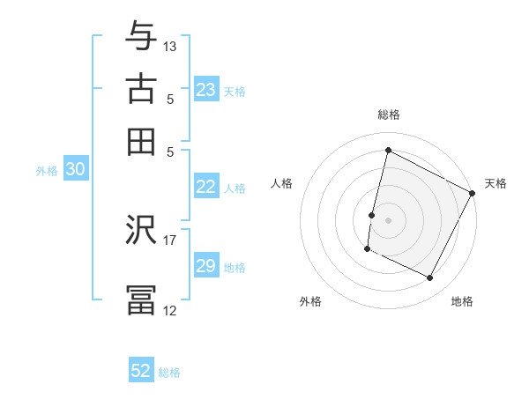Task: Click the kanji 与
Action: [141, 37]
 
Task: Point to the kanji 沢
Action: [141, 231]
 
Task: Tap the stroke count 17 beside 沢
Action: [170, 239]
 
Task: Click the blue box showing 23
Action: [205, 90]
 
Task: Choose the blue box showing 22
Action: [205, 187]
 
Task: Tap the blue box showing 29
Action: [205, 266]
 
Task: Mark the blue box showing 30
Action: [75, 171]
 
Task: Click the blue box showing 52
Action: [141, 371]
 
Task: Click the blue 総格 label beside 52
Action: [169, 373]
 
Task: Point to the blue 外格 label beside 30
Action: [47, 172]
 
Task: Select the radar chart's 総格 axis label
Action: [388, 115]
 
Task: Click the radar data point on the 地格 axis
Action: [430, 278]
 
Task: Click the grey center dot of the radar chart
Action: [388, 219]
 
